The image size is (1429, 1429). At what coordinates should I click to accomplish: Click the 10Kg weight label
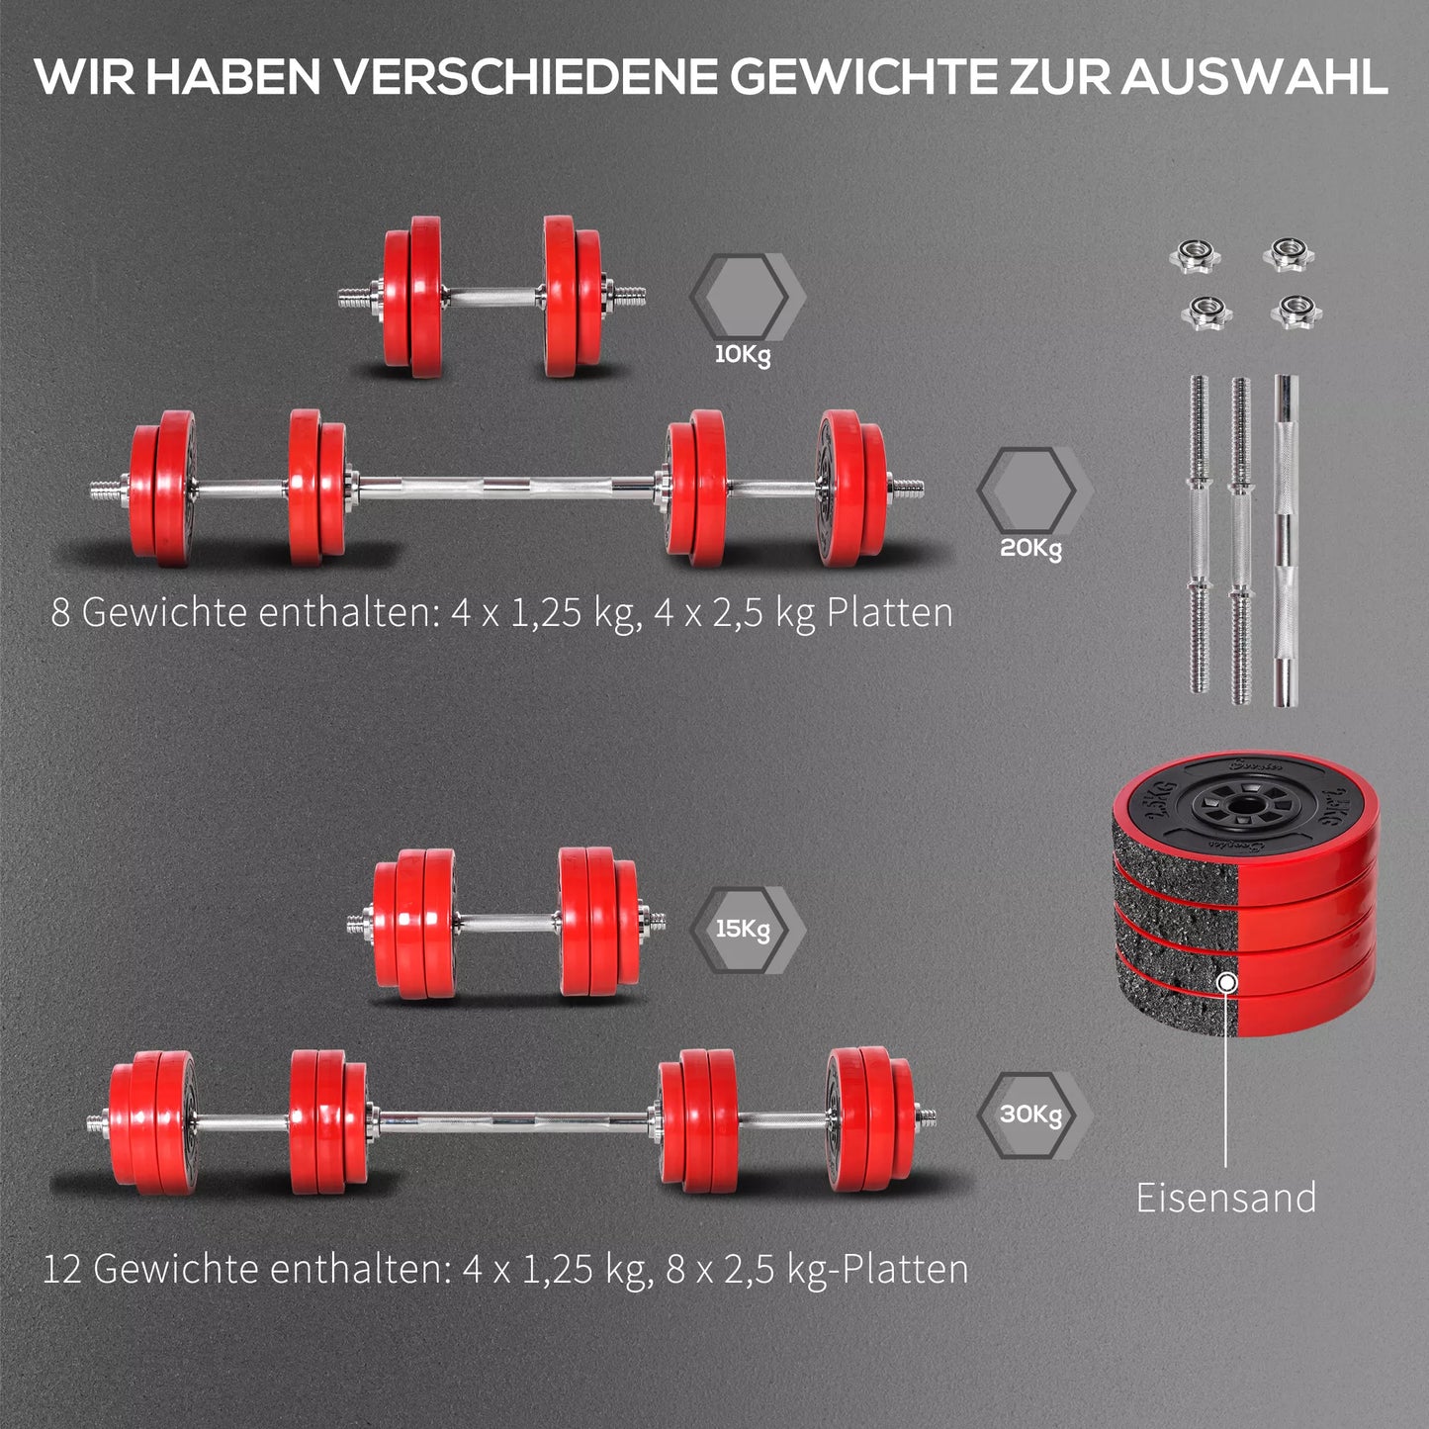click(x=743, y=354)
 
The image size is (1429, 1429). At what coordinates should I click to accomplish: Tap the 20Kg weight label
click(x=1030, y=548)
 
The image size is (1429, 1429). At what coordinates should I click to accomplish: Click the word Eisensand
click(x=1226, y=1198)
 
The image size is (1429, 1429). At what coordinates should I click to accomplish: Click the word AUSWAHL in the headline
click(x=1253, y=76)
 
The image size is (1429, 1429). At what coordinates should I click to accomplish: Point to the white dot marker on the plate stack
click(x=1227, y=983)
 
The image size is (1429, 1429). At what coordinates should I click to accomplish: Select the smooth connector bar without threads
click(x=1286, y=541)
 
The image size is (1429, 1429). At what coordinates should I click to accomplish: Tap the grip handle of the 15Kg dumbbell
click(x=508, y=923)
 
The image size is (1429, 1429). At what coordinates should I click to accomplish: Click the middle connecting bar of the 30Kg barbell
click(x=516, y=1122)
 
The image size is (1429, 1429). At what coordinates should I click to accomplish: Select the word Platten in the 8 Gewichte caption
click(x=890, y=612)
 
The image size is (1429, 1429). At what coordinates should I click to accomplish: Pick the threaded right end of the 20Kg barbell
click(x=906, y=488)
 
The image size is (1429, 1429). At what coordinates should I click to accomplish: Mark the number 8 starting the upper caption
click(x=60, y=613)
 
